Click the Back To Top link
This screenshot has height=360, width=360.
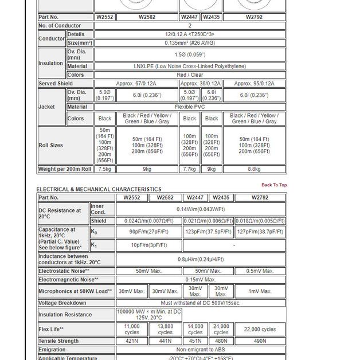[274, 185]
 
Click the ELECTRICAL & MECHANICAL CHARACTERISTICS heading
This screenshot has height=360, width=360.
[99, 189]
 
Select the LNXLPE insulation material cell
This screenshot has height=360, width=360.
[190, 66]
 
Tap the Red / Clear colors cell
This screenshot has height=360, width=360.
[190, 75]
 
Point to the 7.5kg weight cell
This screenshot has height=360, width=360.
[105, 169]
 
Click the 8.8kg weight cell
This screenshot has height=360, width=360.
[254, 169]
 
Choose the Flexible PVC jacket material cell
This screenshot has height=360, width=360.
[190, 107]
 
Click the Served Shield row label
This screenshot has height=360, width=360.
[56, 84]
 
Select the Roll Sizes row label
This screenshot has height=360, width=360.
[51, 146]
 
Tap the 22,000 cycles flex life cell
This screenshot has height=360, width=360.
[260, 330]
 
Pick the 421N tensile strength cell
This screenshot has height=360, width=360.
[132, 341]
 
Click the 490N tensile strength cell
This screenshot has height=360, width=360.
[260, 341]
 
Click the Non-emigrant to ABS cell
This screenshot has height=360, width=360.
[201, 350]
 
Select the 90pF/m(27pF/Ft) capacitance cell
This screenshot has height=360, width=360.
[148, 232]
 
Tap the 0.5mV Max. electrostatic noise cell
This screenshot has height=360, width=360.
[260, 271]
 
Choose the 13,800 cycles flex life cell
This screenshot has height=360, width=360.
[165, 330]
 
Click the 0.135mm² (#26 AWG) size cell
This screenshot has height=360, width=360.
[190, 43]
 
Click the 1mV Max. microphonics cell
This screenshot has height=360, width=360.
[260, 291]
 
